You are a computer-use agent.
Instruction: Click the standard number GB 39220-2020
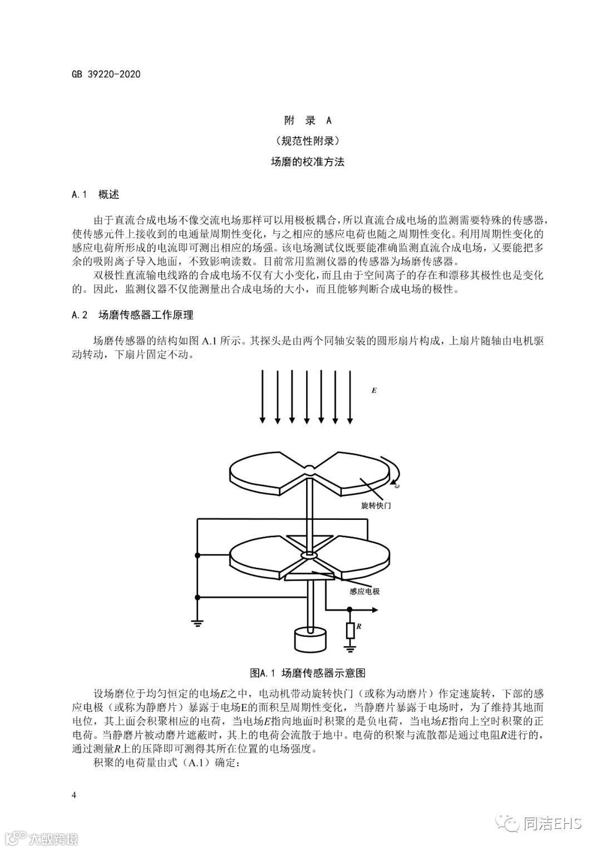coord(106,74)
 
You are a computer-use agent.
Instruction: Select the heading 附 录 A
coord(307,120)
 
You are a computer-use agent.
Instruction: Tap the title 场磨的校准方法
coord(307,162)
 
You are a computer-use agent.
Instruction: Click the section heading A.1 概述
coord(95,194)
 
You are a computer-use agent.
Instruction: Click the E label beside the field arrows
coord(374,391)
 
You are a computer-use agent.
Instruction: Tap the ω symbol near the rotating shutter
coord(397,486)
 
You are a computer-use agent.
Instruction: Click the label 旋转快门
coord(376,506)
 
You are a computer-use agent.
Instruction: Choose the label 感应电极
coord(364,591)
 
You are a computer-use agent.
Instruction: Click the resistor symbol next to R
coord(349,630)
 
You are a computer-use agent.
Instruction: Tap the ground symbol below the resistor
coord(349,647)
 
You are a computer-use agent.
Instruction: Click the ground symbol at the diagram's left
coord(197,623)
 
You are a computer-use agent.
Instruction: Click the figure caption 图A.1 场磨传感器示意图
coord(307,674)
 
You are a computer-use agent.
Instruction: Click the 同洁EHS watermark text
coord(551,823)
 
